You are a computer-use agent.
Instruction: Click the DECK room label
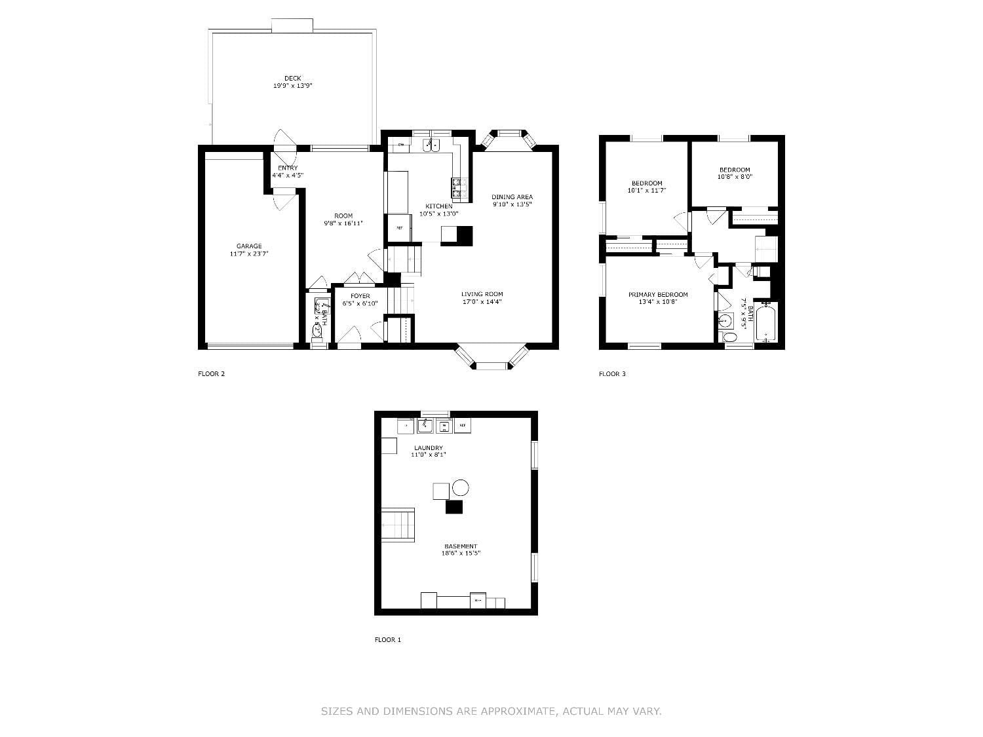292,78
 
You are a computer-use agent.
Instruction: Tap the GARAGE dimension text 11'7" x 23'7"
249,254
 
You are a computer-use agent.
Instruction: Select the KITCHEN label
438,206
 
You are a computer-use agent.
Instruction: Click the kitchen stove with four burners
459,188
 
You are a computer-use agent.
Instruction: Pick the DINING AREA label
512,197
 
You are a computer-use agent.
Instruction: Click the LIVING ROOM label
482,294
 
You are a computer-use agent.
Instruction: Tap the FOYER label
360,296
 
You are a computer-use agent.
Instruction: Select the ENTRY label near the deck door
288,168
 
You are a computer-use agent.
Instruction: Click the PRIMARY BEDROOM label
658,295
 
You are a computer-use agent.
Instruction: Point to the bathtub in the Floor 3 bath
765,322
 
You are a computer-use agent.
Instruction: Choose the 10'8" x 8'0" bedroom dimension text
735,177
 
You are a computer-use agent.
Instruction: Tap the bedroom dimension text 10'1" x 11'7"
646,191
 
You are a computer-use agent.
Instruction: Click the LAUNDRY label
428,448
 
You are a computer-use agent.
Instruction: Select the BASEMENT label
461,546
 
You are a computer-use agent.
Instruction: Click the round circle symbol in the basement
461,487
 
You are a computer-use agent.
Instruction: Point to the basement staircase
398,524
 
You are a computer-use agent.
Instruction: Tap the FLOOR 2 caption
212,374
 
